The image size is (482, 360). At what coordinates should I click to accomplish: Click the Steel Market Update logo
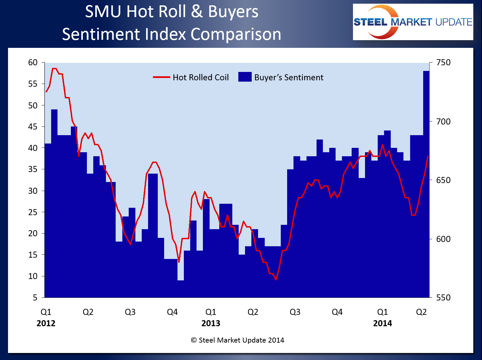[x=413, y=22]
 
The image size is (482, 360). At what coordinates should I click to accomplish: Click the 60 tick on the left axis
[x=33, y=63]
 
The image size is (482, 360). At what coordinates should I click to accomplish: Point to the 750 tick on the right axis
[x=443, y=63]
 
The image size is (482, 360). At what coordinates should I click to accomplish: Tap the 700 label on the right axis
[x=443, y=121]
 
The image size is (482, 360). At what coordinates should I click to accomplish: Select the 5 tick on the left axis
[x=35, y=297]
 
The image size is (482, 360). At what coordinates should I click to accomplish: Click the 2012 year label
[x=46, y=323]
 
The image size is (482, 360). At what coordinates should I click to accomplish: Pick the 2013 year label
[x=211, y=323]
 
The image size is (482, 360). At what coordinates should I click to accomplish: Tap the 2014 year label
[x=382, y=323]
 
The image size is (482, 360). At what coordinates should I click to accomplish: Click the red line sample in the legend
[x=161, y=77]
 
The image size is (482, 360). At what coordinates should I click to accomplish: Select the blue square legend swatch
[x=245, y=77]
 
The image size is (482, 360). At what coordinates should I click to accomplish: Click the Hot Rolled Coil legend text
[x=201, y=77]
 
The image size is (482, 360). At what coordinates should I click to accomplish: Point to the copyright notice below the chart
[x=237, y=340]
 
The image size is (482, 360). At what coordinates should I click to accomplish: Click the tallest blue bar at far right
[x=426, y=184]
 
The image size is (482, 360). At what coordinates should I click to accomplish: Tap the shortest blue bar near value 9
[x=180, y=288]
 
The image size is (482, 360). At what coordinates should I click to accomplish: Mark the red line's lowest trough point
[x=276, y=279]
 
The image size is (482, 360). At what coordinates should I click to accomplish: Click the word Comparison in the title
[x=236, y=34]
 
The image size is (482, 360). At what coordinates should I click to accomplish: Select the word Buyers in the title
[x=233, y=11]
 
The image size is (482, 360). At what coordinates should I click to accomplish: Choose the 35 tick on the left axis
[x=33, y=169]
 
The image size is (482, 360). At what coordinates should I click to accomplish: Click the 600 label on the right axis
[x=443, y=239]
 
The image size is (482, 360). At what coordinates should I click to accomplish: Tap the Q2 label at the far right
[x=421, y=312]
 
